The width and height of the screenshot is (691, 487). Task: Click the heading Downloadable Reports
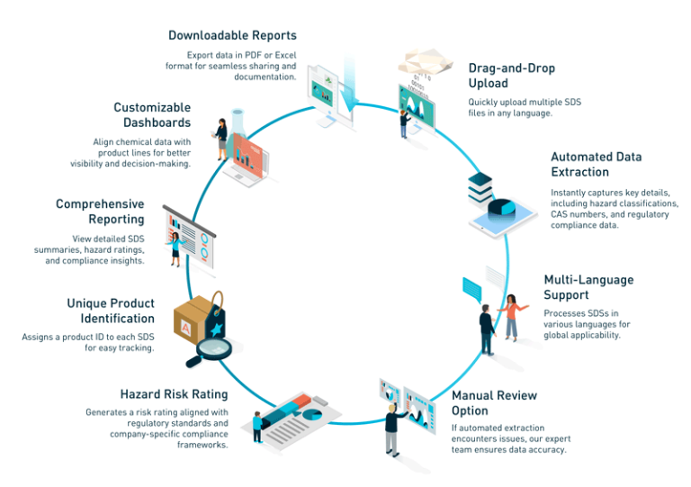232,35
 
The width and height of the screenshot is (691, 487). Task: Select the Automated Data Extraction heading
596,164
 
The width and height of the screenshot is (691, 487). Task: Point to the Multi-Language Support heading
588,287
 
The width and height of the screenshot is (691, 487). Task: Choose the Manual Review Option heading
494,401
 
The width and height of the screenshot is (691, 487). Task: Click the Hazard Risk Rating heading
174,394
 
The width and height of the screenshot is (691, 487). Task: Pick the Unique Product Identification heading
111,311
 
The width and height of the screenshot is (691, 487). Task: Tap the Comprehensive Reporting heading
99,212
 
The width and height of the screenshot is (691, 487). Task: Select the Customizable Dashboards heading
152,115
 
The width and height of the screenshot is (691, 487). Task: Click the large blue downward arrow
354,90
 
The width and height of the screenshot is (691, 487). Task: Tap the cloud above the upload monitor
423,61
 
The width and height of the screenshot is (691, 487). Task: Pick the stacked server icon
480,187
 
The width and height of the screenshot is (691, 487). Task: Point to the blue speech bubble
473,289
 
